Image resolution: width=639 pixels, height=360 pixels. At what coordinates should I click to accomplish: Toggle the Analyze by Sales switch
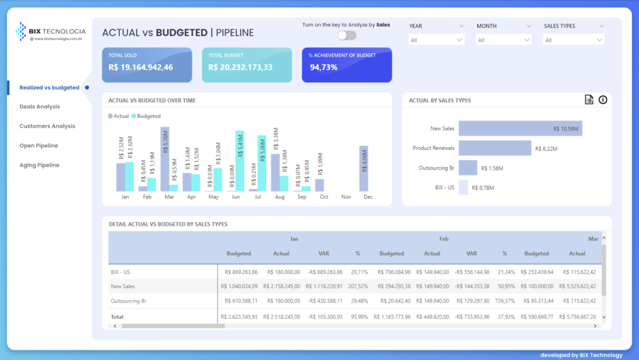click(346, 36)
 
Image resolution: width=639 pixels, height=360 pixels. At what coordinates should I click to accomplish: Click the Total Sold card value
click(140, 67)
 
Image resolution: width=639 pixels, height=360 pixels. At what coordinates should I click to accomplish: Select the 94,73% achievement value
click(323, 67)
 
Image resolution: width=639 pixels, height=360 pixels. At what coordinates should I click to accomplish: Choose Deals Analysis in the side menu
click(39, 107)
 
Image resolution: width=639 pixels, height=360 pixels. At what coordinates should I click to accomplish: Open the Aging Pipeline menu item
click(39, 165)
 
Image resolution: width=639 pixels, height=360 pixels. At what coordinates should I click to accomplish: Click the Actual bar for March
click(165, 159)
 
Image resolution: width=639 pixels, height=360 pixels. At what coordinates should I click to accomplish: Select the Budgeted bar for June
click(240, 161)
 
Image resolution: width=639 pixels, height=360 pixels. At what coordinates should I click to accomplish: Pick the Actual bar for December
click(363, 168)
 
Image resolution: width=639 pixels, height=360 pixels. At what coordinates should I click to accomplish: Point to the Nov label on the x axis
click(346, 197)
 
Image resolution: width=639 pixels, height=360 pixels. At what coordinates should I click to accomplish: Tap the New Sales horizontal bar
click(520, 129)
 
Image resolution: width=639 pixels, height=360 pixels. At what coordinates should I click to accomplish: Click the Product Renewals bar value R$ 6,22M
click(545, 148)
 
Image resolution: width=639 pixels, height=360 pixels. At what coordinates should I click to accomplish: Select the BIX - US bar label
click(444, 187)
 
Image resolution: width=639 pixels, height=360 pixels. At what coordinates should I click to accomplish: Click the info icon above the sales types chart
click(603, 100)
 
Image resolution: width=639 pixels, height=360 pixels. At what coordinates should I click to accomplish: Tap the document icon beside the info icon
click(588, 100)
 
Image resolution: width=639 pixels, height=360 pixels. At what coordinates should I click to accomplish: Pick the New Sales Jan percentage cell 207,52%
click(358, 286)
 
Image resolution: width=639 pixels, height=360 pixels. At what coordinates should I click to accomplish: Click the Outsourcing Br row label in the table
click(125, 301)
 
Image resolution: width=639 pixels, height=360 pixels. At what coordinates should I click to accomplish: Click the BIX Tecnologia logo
click(51, 31)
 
